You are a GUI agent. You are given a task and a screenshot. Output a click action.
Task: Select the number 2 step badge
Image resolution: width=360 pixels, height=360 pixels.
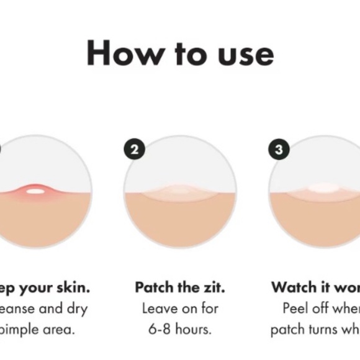pyautogui.click(x=135, y=149)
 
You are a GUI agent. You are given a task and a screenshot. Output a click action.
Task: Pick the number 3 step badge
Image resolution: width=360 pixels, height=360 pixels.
pyautogui.click(x=279, y=149)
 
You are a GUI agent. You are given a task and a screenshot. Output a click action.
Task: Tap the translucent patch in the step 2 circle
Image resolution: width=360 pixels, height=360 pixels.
pyautogui.click(x=180, y=192)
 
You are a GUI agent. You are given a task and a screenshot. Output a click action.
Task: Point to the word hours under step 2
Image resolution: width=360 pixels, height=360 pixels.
pyautogui.click(x=194, y=329)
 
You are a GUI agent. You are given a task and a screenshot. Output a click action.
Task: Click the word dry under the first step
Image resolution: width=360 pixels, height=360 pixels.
pyautogui.click(x=76, y=308)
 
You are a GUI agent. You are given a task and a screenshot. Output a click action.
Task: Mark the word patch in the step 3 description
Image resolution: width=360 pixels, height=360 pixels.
pyautogui.click(x=287, y=329)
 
